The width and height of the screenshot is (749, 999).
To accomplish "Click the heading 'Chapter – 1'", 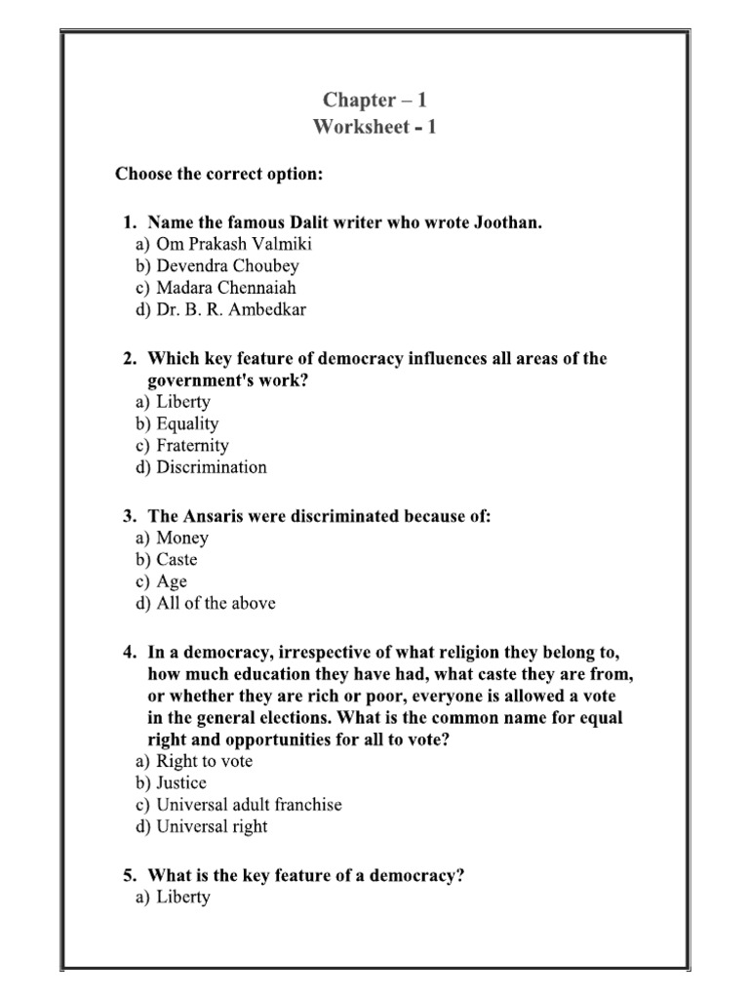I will (374, 101).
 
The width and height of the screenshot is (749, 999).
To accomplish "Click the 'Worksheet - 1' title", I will (374, 128).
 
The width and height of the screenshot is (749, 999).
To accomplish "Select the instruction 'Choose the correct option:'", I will (218, 175).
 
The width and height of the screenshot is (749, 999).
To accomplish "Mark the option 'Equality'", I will (187, 423).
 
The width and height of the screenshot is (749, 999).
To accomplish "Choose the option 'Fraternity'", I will (192, 445).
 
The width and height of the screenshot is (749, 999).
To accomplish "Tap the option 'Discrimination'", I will (211, 466).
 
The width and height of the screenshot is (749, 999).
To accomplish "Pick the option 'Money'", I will (182, 538).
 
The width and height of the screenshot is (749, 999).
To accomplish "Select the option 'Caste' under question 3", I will (177, 560).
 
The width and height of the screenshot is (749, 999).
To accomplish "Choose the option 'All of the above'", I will (216, 603).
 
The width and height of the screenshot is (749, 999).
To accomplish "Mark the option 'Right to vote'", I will (204, 761).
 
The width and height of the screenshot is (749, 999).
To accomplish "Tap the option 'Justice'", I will (181, 782).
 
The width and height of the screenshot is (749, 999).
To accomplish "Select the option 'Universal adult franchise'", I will (249, 805).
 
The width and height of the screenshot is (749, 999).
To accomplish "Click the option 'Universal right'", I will (212, 826).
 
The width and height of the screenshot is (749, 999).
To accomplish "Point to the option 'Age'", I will (172, 581).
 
